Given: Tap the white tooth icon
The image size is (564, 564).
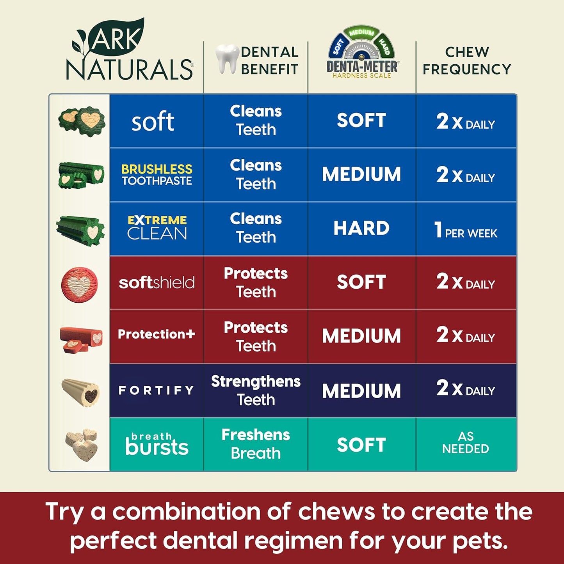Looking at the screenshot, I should click(227, 59).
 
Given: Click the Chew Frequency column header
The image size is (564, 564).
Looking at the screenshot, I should click(467, 60).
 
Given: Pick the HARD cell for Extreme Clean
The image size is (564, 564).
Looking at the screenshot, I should click(361, 228).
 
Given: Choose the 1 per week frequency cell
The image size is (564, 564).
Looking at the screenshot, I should click(466, 229).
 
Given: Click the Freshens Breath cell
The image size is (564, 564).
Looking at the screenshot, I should click(256, 444).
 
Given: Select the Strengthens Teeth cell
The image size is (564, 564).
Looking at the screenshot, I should click(256, 390).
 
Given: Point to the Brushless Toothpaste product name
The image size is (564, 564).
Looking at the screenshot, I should click(157, 175).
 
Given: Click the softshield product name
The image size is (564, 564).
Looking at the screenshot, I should click(157, 282).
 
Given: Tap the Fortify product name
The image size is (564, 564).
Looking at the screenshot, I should click(157, 390).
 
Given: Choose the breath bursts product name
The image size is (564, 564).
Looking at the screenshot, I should click(157, 444).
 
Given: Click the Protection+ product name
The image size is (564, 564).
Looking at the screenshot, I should click(157, 334).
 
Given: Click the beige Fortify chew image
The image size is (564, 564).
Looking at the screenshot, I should click(81, 392).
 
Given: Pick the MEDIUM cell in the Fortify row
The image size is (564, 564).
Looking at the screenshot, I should click(361, 391).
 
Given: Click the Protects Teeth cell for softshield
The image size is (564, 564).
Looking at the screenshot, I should click(256, 282).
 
